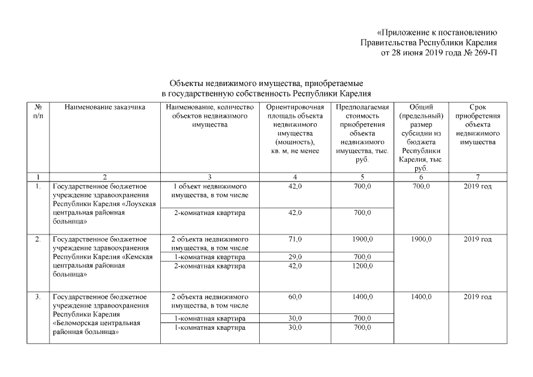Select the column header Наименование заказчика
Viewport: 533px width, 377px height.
[x=105, y=107]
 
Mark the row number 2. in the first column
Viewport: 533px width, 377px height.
[x=38, y=239]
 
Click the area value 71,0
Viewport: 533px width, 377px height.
[x=295, y=239]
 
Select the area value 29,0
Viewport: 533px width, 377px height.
[x=295, y=257]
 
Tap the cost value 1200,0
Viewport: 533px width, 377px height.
[x=362, y=266]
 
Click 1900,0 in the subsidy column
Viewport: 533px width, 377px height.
[x=421, y=239]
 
